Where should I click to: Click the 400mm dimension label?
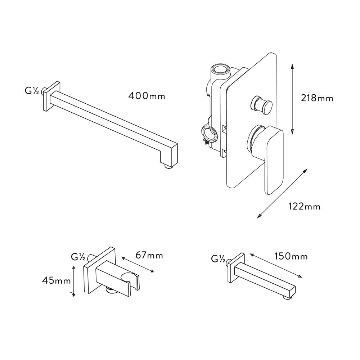tap(147, 96)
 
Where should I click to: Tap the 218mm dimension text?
tap(317, 98)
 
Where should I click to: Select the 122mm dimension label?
tap(305, 207)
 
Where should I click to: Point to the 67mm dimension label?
tap(149, 255)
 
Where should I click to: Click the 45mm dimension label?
tap(57, 280)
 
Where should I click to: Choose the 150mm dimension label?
tap(291, 256)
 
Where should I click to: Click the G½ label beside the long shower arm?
tap(31, 91)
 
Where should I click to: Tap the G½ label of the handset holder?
tap(78, 257)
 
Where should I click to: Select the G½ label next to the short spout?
tap(218, 259)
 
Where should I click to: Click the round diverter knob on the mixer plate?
tap(262, 104)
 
